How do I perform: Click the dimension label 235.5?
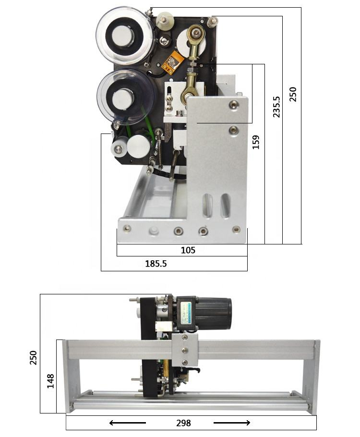tap(276, 107)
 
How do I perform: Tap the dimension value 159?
tap(256, 142)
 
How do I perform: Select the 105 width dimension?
tap(188, 250)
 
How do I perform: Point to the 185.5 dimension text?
tap(156, 263)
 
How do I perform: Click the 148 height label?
tap(50, 381)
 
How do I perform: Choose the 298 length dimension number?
tap(184, 423)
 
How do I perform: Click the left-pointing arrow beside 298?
tap(128, 423)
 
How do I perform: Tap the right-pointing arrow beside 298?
tap(232, 423)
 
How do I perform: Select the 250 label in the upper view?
tap(293, 95)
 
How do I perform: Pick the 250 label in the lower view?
tap(33, 358)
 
